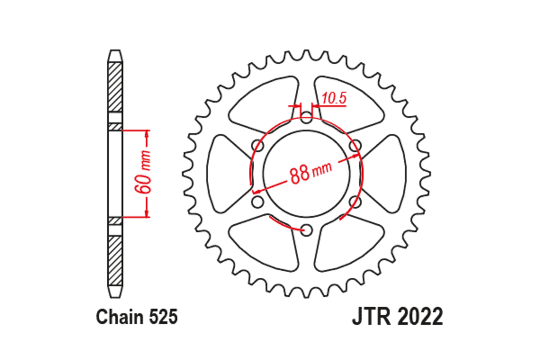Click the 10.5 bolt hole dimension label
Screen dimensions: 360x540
point(334,98)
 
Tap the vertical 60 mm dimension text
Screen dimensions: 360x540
point(145,174)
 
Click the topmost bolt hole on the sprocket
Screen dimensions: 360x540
point(306,119)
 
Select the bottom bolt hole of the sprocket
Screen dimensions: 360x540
point(306,230)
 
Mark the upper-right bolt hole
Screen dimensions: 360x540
point(355,145)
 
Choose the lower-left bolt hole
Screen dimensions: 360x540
point(258,202)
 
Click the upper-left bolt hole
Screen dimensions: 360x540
point(258,145)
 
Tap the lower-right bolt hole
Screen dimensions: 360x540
point(355,202)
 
